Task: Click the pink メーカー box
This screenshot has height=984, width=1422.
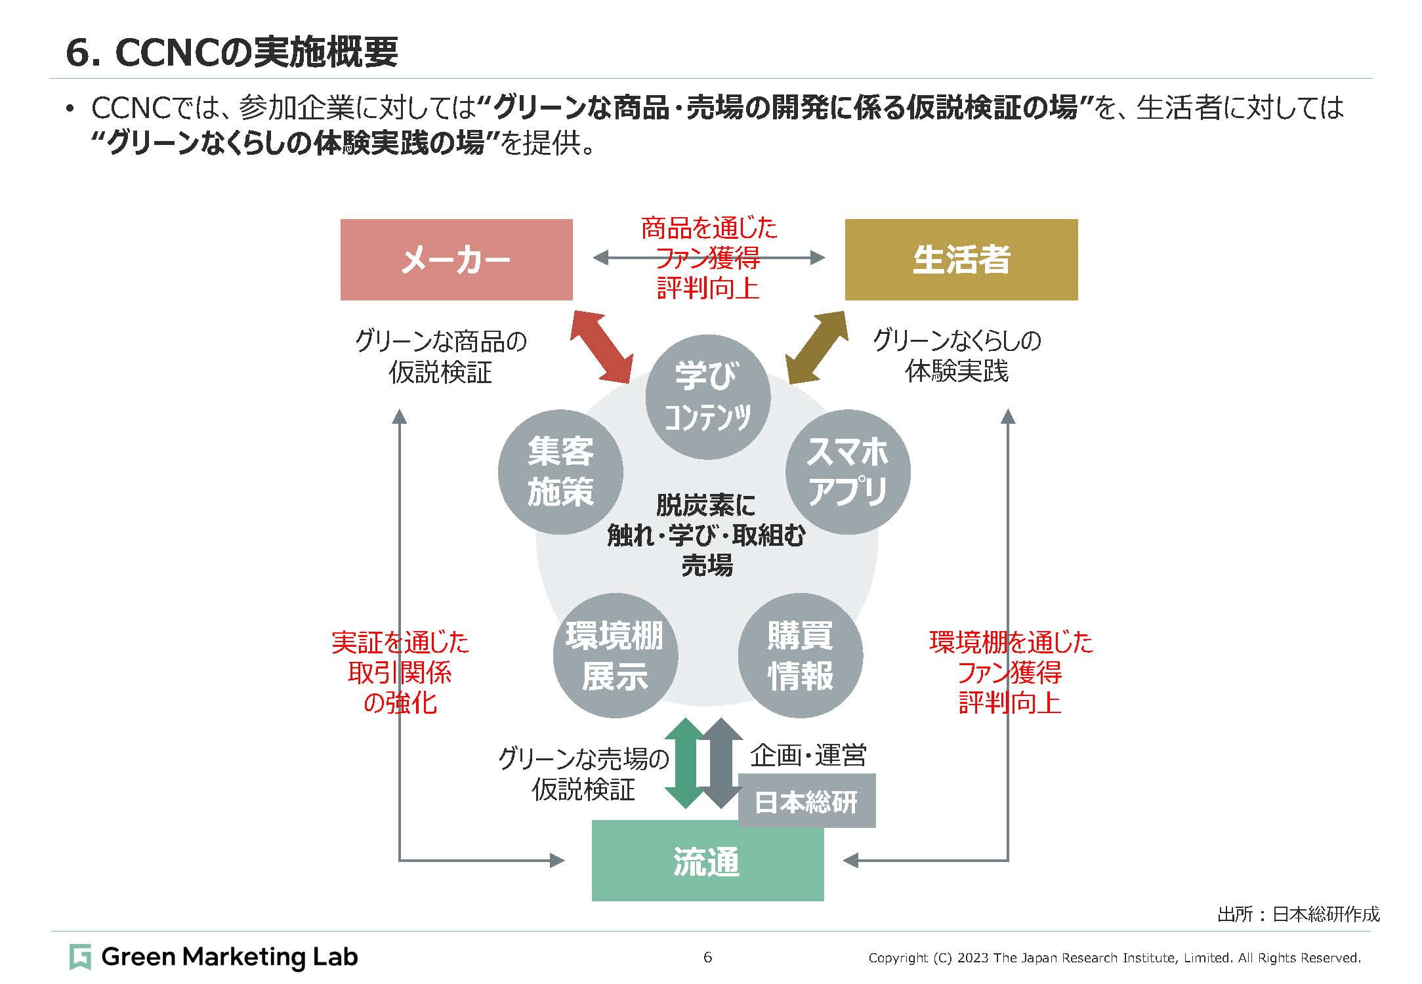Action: (x=456, y=260)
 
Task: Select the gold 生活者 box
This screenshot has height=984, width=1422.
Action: (x=961, y=260)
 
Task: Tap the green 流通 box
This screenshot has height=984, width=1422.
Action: (x=707, y=861)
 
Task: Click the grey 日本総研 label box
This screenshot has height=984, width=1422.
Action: (x=806, y=802)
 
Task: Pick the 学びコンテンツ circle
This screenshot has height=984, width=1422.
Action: (x=707, y=397)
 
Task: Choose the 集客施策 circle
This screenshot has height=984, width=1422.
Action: (x=560, y=472)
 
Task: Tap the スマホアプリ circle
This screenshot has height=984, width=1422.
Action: (x=848, y=472)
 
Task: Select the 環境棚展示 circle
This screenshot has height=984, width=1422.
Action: (x=615, y=655)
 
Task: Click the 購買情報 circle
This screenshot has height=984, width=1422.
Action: (x=800, y=655)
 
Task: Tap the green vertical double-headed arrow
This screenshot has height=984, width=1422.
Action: (x=684, y=763)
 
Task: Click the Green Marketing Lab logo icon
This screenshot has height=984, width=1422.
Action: (x=80, y=957)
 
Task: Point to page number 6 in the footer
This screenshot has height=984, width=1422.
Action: (x=707, y=957)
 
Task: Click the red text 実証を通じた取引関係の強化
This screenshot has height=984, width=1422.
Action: (x=400, y=672)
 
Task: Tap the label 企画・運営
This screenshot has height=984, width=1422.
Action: (x=808, y=756)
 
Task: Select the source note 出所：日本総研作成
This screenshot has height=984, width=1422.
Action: (x=1299, y=914)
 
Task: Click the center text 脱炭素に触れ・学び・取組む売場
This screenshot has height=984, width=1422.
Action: (x=707, y=535)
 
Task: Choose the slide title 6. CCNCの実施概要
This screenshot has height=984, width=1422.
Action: (x=232, y=52)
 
